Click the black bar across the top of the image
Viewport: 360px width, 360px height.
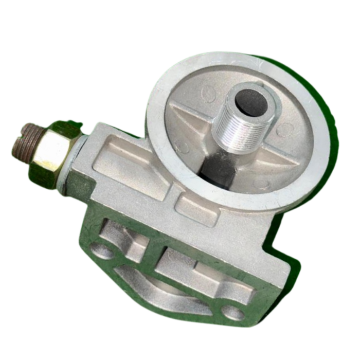point(180,14)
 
